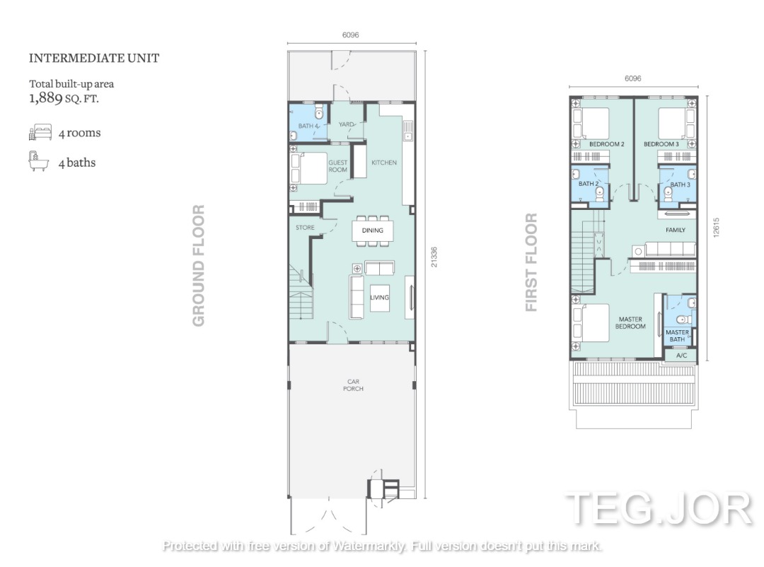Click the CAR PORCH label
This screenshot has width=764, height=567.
pyautogui.click(x=353, y=385)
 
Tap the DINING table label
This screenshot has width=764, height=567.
pyautogui.click(x=373, y=230)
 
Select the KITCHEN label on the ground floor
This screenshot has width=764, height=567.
pyautogui.click(x=384, y=163)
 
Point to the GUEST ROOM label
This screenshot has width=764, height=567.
pyautogui.click(x=337, y=166)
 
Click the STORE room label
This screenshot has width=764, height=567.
pyautogui.click(x=305, y=228)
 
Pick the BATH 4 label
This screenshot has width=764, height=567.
pyautogui.click(x=308, y=126)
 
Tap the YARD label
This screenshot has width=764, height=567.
pyautogui.click(x=347, y=124)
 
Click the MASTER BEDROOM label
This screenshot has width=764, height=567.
pyautogui.click(x=630, y=323)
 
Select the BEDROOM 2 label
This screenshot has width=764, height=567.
pyautogui.click(x=607, y=144)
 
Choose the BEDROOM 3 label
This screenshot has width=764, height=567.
pyautogui.click(x=661, y=144)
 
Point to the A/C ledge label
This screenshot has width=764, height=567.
pyautogui.click(x=682, y=356)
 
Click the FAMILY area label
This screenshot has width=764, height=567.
pyautogui.click(x=676, y=230)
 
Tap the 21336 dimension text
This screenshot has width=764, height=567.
pyautogui.click(x=434, y=257)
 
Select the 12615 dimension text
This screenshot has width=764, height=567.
pyautogui.click(x=716, y=228)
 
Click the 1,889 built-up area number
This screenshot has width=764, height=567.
pyautogui.click(x=46, y=98)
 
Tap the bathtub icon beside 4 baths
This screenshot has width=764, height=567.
pyautogui.click(x=38, y=161)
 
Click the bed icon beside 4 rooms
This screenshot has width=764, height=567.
pyautogui.click(x=40, y=132)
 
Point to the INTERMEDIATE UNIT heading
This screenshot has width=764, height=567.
pyautogui.click(x=94, y=58)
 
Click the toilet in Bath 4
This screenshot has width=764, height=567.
pyautogui.click(x=319, y=112)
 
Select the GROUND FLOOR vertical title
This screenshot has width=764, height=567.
pyautogui.click(x=198, y=266)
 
